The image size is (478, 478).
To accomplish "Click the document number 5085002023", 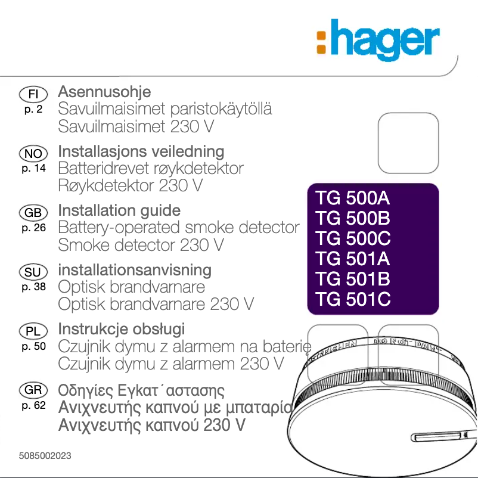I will tap(45, 455).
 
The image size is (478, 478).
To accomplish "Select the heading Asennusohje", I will tap(104, 92).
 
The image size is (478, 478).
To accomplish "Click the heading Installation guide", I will tap(119, 211).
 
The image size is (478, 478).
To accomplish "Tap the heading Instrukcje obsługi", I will tap(122, 329).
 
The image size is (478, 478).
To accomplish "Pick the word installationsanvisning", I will tap(135, 270).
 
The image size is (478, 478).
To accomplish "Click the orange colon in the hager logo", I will tap(321, 43).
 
